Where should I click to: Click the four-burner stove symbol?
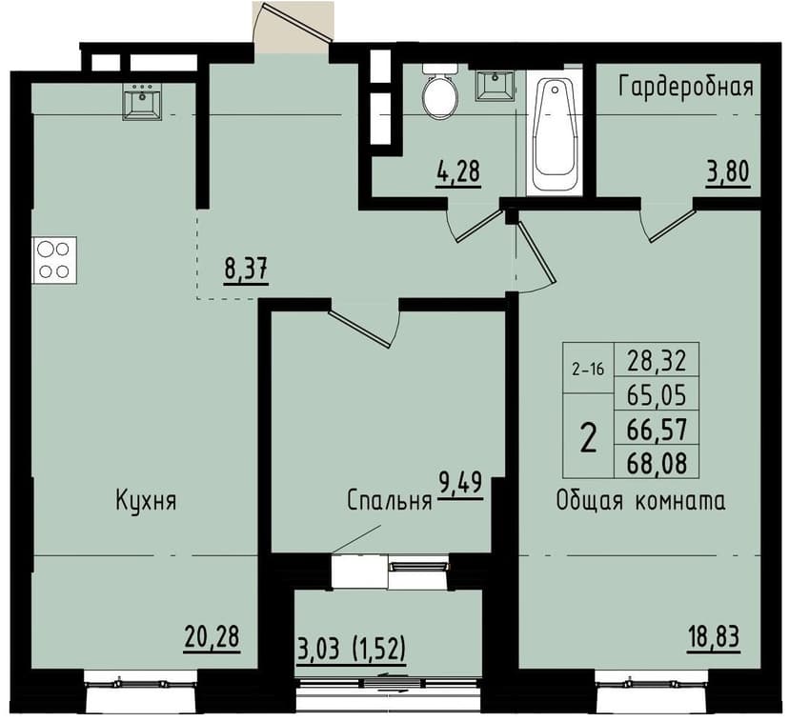coord(54,259)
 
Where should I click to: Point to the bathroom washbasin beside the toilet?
coord(495,86)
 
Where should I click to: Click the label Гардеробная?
coord(685,88)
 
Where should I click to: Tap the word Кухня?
coord(147,501)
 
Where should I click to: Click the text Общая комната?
coord(641,501)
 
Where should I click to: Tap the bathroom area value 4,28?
coord(458,174)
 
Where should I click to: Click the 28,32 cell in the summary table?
coord(657,359)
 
